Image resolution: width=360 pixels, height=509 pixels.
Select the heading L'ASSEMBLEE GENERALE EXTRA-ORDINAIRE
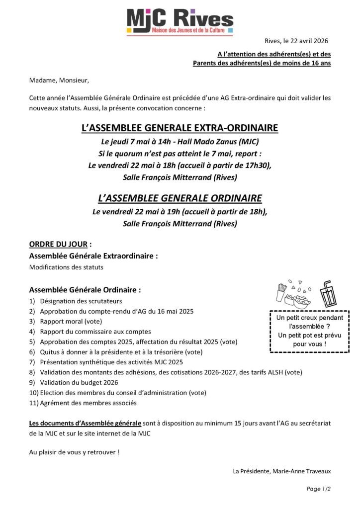(180, 128)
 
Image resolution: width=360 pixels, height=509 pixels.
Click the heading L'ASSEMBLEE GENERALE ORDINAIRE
(180, 198)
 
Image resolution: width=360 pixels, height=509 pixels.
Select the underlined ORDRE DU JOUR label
(58, 244)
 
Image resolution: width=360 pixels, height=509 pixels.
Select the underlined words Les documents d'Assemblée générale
(85, 423)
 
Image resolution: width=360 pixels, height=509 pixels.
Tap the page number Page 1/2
(319, 489)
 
